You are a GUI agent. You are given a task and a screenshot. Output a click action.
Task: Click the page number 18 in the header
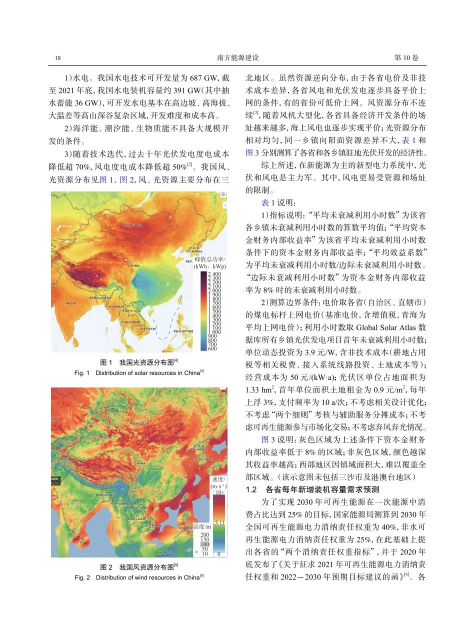pyautogui.click(x=58, y=58)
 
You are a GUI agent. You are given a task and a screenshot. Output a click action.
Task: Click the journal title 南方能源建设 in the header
pyautogui.click(x=238, y=58)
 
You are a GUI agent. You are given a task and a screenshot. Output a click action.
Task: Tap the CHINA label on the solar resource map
pyautogui.click(x=134, y=266)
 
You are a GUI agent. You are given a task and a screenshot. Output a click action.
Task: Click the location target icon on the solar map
pyautogui.click(x=223, y=194)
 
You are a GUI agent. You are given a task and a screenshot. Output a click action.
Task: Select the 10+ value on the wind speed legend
pyautogui.click(x=219, y=492)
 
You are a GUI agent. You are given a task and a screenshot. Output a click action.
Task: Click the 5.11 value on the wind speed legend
pyautogui.click(x=219, y=523)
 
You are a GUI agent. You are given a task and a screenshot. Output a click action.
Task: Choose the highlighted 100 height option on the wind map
pyautogui.click(x=204, y=544)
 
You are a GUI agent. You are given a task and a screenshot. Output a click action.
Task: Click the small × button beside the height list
pyautogui.click(x=196, y=552)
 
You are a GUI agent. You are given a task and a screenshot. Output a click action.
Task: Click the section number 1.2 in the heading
pyautogui.click(x=251, y=489)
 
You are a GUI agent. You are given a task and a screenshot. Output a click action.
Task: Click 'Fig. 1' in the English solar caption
pyautogui.click(x=81, y=373)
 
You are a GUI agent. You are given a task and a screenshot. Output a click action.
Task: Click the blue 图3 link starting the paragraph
pyautogui.click(x=268, y=439)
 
